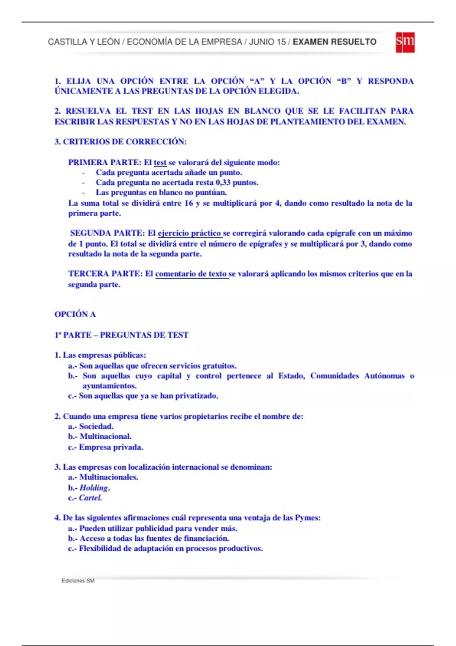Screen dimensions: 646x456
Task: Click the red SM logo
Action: click(405, 42)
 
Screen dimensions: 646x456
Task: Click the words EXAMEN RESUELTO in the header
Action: click(334, 42)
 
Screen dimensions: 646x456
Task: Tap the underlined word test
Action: click(160, 163)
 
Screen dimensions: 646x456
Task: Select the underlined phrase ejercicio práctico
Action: click(189, 233)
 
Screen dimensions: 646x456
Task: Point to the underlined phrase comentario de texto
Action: click(191, 274)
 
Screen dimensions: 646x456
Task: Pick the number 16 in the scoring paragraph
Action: click(188, 203)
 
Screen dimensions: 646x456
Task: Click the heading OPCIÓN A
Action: click(75, 314)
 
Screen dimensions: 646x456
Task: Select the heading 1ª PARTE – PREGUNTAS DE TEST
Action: click(121, 335)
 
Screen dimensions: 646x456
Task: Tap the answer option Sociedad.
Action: click(96, 426)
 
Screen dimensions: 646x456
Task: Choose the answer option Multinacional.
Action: click(105, 436)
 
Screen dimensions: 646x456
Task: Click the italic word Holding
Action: click(94, 488)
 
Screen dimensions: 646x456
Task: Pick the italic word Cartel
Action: click(90, 498)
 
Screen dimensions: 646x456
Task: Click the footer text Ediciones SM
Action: click(78, 581)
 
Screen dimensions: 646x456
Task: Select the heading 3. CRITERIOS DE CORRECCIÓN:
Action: click(120, 142)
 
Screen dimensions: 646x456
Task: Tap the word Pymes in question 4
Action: click(307, 518)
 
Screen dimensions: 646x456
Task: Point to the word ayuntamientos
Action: click(109, 386)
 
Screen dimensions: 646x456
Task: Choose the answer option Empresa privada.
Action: click(111, 447)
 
